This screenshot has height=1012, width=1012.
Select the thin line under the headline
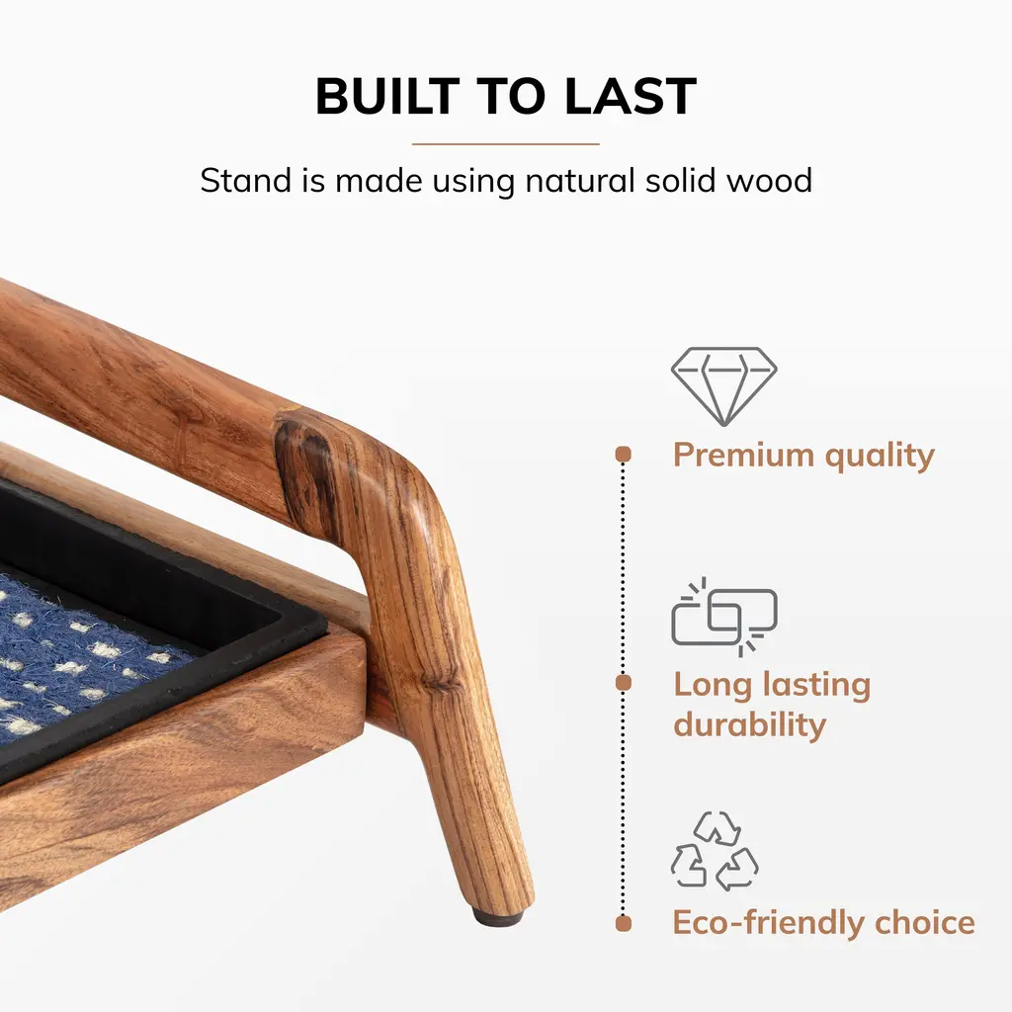coord(506,144)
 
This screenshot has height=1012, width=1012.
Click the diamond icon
coord(724,386)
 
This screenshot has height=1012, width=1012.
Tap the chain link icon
coord(724,617)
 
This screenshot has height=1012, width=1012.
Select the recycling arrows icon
coord(715,851)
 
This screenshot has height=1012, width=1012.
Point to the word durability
coord(750,724)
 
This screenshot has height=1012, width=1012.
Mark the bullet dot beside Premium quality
coord(624,455)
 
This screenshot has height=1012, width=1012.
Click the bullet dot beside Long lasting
coord(624,683)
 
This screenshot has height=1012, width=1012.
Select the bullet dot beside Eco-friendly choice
coord(624,924)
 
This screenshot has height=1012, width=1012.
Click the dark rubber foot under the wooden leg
coord(497,917)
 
